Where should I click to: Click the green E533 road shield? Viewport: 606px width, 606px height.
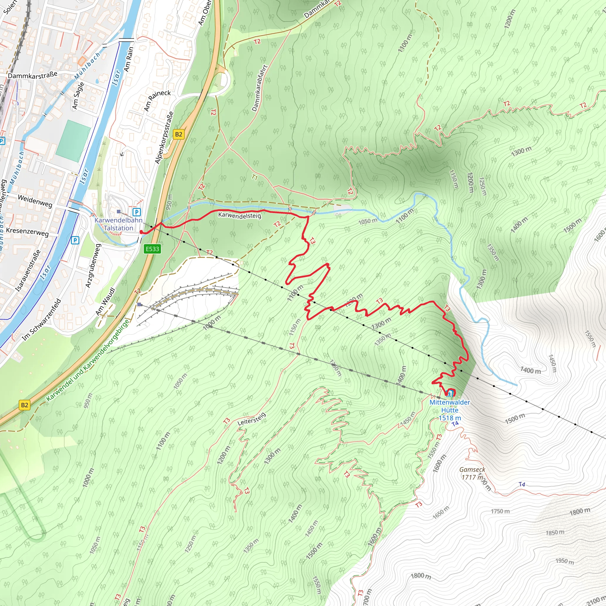(152, 249)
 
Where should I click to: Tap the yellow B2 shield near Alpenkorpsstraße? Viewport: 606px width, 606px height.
(178, 134)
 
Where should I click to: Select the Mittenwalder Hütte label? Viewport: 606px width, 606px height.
(449, 410)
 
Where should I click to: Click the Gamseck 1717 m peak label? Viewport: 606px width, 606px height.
(472, 473)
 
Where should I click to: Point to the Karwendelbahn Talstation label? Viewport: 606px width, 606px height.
(118, 224)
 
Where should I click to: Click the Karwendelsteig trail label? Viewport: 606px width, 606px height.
(240, 215)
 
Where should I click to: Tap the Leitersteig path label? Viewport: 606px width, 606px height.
(252, 419)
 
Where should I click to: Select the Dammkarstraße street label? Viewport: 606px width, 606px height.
(33, 75)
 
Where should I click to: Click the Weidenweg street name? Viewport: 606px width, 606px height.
(35, 201)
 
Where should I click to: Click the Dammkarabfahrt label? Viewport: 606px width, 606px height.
(260, 88)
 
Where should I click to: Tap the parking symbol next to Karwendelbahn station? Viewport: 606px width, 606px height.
(137, 212)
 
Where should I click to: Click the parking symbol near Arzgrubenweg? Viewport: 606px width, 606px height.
(75, 240)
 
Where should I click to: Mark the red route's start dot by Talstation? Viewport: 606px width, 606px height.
(141, 232)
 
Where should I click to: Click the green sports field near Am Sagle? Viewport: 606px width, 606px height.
(73, 141)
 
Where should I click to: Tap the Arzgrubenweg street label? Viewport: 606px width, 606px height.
(93, 266)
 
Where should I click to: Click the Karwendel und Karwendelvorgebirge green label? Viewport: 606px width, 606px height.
(88, 361)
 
